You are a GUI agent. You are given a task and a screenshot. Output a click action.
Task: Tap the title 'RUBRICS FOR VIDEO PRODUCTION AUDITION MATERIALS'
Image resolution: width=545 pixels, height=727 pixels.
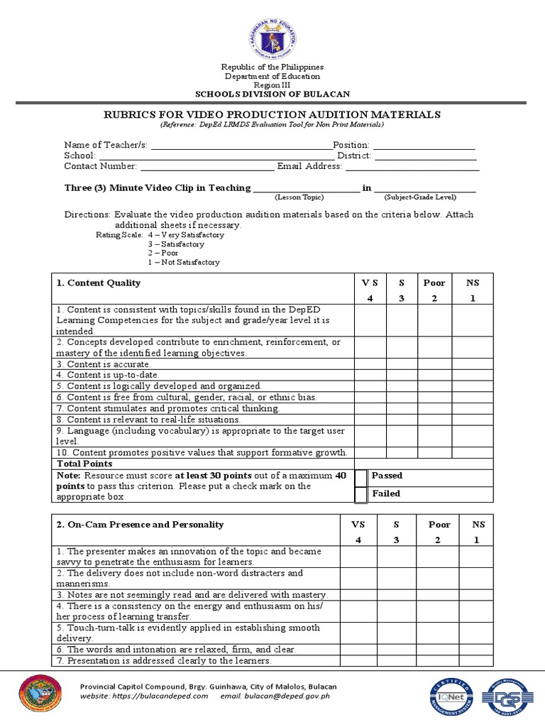pos(272,114)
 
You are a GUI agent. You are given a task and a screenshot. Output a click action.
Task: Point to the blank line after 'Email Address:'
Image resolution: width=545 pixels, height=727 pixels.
pos(412,167)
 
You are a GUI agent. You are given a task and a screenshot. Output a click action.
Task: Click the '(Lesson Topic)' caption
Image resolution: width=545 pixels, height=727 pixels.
pos(299,197)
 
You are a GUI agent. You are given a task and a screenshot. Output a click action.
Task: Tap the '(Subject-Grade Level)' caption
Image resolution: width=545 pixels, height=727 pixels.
pos(420,197)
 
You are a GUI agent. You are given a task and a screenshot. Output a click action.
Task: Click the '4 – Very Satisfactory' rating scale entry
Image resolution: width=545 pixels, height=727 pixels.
pos(186,235)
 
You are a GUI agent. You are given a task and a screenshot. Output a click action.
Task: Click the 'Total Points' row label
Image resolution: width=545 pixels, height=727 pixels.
pos(84,464)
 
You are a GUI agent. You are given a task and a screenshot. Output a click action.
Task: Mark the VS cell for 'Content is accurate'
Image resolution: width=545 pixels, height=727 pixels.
pos(370,364)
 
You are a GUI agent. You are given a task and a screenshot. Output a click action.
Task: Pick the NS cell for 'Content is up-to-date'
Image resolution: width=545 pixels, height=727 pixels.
pos(473,375)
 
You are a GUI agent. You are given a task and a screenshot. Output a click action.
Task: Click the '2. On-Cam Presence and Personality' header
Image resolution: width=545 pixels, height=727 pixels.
pos(140,525)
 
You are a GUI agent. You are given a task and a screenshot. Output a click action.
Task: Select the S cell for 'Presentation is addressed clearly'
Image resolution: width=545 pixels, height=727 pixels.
pos(397,661)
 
